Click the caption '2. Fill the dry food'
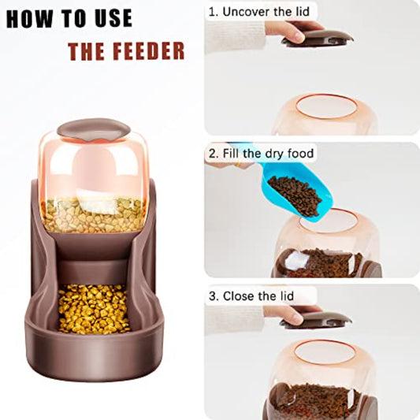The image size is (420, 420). [261, 153]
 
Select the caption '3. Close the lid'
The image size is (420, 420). [253, 296]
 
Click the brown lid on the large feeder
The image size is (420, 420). [94, 129]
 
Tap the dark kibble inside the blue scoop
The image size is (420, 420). [294, 193]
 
